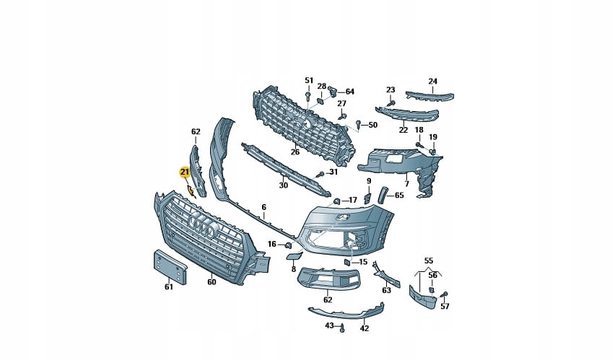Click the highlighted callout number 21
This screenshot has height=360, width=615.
click(x=184, y=172)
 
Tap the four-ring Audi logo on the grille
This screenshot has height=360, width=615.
click(x=202, y=227)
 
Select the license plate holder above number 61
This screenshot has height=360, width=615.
click(x=170, y=267)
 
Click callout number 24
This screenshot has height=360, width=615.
click(x=432, y=82)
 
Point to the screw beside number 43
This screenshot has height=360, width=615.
click(x=341, y=328)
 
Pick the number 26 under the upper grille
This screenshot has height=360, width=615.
click(x=295, y=152)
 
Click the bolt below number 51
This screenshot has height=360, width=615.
click(x=308, y=97)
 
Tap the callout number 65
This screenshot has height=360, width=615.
click(x=399, y=195)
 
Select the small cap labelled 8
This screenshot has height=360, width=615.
click(x=293, y=256)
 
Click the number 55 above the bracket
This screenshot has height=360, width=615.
click(x=429, y=260)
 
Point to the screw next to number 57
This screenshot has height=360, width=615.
click(x=444, y=294)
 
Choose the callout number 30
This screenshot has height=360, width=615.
click(x=283, y=185)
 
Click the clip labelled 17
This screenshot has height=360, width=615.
click(x=336, y=201)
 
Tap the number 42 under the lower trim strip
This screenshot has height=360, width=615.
click(x=365, y=329)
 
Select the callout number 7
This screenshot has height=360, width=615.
click(x=406, y=183)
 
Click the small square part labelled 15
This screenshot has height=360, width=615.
click(x=347, y=262)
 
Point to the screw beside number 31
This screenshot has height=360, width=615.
click(x=320, y=174)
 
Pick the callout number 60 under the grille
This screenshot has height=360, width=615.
click(x=211, y=282)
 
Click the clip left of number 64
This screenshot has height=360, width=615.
click(x=333, y=90)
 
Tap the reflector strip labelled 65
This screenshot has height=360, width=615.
click(x=382, y=195)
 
